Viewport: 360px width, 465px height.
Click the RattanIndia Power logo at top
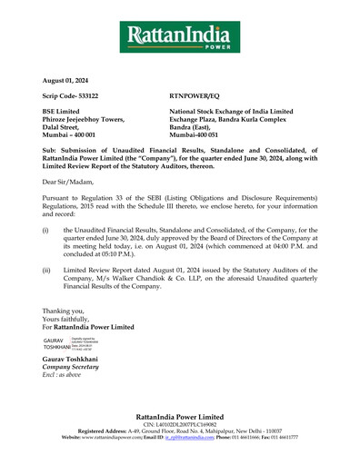[x=180, y=38]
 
